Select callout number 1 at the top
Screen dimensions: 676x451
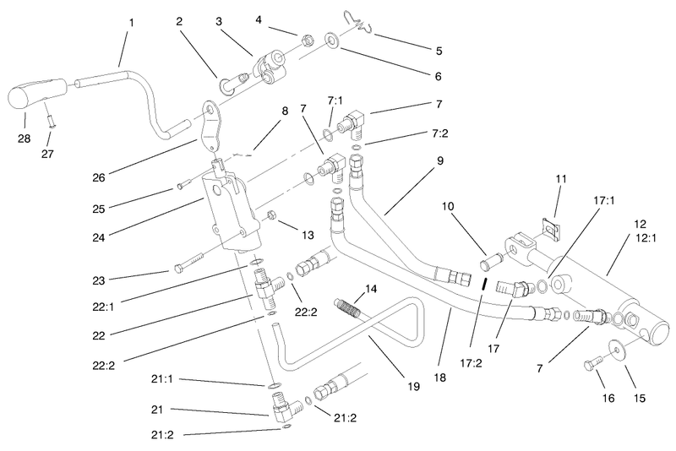coord(132,23)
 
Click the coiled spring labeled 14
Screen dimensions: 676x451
coord(351,307)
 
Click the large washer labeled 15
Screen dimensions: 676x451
coord(616,350)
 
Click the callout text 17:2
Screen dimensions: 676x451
coord(471,363)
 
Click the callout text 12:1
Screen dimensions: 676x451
coord(646,237)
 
